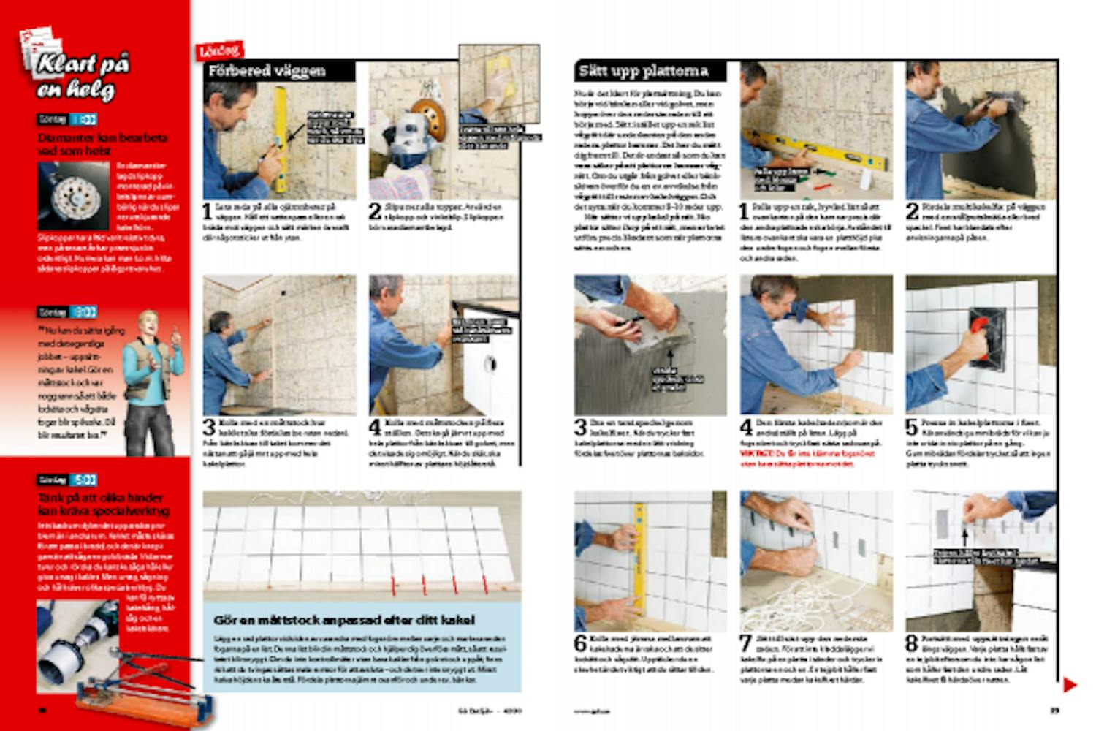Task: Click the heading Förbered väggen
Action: coord(267,72)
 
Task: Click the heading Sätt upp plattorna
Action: coord(644,71)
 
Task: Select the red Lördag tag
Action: coord(218,50)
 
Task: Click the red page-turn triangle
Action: coord(1070,685)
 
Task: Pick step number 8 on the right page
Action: coord(912,643)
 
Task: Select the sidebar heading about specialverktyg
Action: coord(102,504)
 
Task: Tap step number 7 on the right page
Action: coord(746,643)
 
